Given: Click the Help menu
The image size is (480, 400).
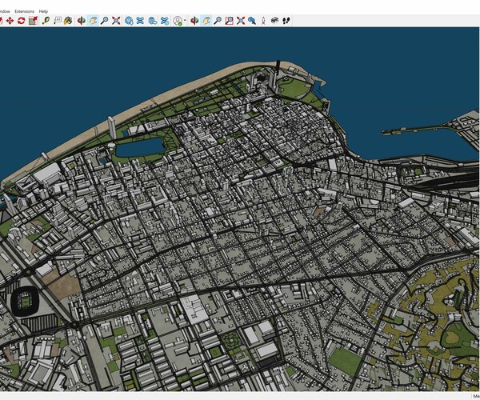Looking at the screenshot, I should (54, 10).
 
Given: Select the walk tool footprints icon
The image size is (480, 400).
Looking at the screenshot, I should (286, 20).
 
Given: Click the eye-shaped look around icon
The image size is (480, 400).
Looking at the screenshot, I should (274, 20).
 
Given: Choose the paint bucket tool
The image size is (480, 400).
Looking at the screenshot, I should (68, 20).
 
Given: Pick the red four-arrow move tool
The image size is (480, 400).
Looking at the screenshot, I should (10, 20).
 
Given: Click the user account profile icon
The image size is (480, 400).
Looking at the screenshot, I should (178, 20).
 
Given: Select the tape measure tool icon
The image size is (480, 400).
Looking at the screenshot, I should (46, 20).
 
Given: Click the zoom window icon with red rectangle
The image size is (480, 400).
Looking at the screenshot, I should (229, 20).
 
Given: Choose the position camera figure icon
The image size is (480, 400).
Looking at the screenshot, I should (263, 20).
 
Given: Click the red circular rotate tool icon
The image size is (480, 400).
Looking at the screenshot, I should (21, 20).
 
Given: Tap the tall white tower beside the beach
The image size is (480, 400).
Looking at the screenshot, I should (111, 127).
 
